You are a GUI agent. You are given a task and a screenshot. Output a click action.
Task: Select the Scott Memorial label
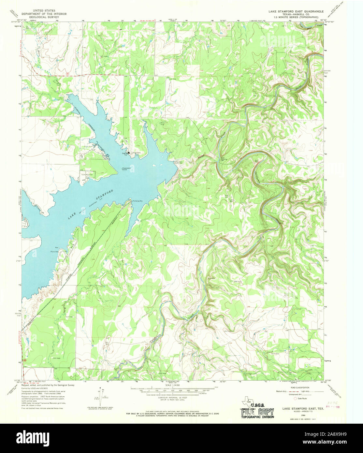click(87, 175)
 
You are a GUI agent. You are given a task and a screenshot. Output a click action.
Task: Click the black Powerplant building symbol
click(129, 152)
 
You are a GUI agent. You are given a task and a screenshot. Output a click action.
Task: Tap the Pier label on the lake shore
click(56, 248)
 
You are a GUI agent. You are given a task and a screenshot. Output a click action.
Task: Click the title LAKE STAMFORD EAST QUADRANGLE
click(296, 11)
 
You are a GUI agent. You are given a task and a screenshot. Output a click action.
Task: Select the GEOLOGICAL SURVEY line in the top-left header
click(44, 17)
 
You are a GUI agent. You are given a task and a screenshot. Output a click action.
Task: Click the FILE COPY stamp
click(257, 411)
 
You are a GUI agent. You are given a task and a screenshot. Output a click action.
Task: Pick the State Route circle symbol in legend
click(296, 398)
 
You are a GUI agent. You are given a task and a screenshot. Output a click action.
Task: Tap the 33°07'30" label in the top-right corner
click(329, 22)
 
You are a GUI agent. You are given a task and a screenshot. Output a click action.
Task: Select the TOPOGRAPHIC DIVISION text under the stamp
click(257, 417)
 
